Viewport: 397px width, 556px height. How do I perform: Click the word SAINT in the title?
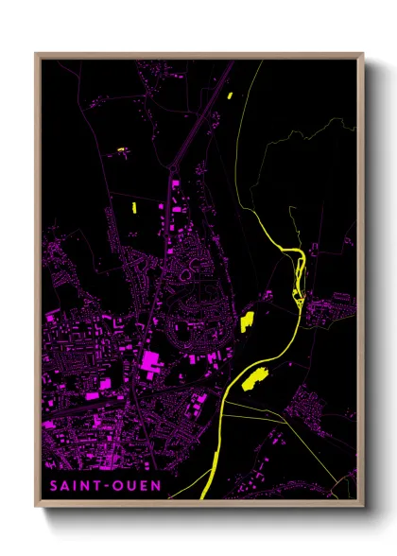tap(72, 487)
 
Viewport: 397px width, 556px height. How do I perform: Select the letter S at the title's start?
tap(53, 487)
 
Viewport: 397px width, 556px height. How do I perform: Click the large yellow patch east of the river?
tap(253, 380)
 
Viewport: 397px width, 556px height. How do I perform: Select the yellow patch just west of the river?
tap(249, 321)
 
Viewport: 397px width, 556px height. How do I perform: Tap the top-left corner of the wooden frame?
tap(37, 55)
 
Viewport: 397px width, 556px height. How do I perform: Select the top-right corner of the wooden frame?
tap(362, 55)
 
